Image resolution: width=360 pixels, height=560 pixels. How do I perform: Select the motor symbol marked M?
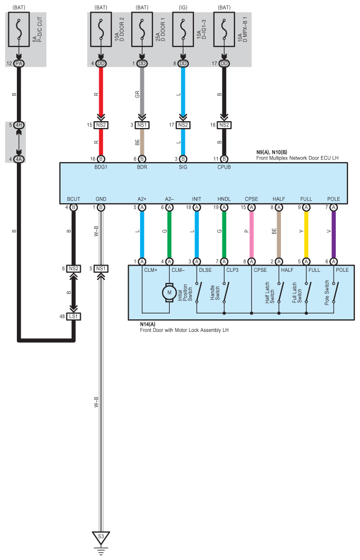click(x=169, y=292)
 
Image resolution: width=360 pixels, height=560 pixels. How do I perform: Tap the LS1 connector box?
click(x=74, y=317)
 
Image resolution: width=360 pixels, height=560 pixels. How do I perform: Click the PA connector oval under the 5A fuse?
click(x=19, y=64)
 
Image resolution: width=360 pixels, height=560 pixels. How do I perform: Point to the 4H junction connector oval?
click(x=19, y=125)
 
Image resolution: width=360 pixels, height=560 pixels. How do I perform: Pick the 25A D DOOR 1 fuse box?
click(x=142, y=30)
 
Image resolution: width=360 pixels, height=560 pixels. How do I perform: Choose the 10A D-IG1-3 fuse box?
click(x=183, y=30)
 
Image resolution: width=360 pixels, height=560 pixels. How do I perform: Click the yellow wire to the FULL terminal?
click(x=306, y=234)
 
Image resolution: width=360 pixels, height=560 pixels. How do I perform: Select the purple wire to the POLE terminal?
click(x=334, y=234)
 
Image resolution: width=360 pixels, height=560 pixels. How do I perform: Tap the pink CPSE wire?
click(x=251, y=234)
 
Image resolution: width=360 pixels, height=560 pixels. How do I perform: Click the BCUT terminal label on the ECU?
click(x=74, y=199)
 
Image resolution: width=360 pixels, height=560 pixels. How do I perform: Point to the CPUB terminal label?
click(x=224, y=167)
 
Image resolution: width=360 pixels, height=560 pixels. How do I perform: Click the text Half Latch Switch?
click(x=270, y=293)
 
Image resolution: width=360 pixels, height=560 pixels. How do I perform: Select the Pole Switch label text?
click(x=327, y=292)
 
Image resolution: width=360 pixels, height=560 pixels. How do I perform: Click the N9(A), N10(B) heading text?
click(x=271, y=152)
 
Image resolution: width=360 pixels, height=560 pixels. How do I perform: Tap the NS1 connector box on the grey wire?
click(x=142, y=125)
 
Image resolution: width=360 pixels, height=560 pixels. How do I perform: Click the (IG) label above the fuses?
click(x=183, y=7)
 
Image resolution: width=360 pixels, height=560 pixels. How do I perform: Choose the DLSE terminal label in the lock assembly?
click(x=205, y=270)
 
